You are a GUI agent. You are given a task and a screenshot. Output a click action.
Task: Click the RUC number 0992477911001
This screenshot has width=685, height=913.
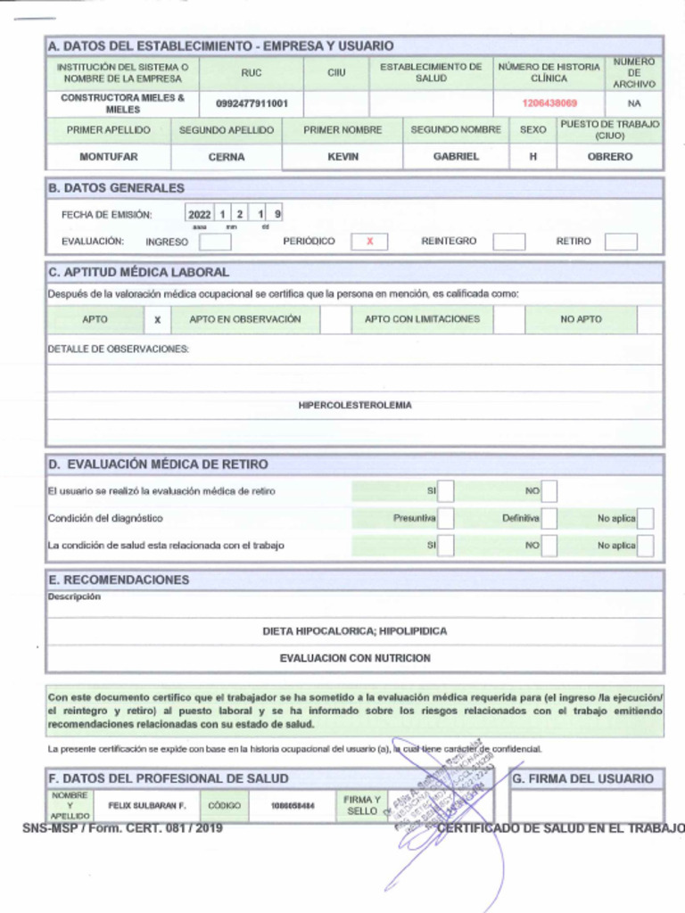(252, 103)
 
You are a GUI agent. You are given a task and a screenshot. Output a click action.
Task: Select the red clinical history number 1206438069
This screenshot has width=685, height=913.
(549, 103)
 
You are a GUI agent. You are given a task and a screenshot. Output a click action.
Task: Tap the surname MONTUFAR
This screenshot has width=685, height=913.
(108, 156)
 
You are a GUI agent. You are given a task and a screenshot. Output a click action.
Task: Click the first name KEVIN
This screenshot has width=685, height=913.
(342, 156)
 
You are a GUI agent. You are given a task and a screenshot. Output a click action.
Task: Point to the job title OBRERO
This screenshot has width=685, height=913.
(610, 156)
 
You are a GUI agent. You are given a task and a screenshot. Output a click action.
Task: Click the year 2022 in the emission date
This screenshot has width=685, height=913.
(200, 214)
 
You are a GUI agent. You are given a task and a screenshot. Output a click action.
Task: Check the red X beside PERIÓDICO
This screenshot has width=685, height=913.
(369, 242)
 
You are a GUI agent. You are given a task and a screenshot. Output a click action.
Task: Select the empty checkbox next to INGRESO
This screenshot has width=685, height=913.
(215, 242)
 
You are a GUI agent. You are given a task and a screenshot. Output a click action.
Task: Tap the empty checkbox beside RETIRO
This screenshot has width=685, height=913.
(621, 242)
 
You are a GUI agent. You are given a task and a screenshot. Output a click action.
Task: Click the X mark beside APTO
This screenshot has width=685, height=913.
(157, 319)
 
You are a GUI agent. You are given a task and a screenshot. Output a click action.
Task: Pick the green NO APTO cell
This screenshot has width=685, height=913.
(581, 319)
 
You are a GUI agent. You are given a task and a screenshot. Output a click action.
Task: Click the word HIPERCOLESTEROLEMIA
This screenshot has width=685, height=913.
(355, 405)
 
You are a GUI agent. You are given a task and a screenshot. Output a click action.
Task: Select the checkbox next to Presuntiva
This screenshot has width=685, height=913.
(446, 518)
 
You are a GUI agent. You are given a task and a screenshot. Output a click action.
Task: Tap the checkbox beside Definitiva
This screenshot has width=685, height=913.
(549, 518)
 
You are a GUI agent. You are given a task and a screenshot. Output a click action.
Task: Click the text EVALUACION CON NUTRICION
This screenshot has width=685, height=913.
(355, 658)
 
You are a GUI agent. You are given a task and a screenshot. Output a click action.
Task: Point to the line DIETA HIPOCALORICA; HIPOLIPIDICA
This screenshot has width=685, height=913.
(355, 631)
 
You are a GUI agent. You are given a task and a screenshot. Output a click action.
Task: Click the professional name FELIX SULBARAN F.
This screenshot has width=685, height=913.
(147, 805)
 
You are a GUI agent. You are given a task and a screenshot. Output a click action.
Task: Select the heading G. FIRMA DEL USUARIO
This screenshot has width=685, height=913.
(583, 778)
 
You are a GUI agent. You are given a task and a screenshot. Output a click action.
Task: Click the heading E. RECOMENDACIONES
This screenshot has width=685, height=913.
(119, 580)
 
